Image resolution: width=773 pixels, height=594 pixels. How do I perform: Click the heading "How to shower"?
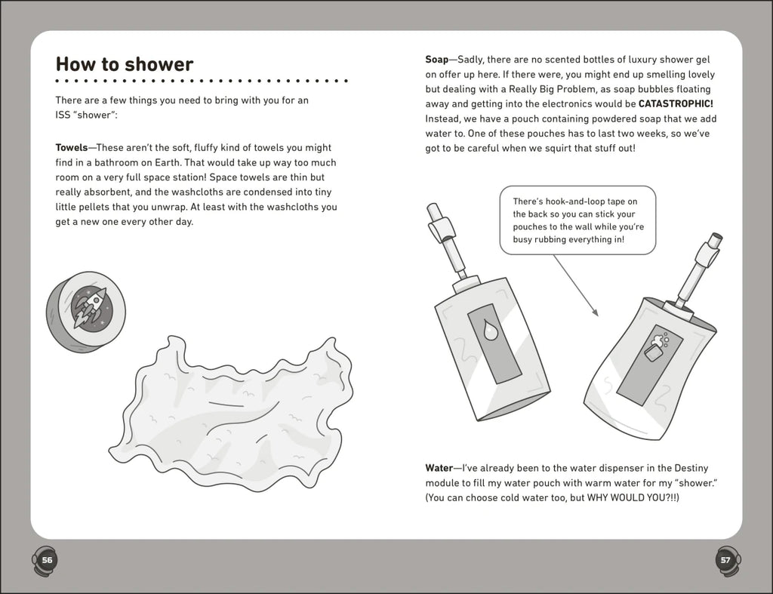(x=125, y=64)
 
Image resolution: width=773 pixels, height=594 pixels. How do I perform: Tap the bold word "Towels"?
(x=72, y=148)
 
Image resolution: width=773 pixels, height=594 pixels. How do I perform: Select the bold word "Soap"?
(x=437, y=60)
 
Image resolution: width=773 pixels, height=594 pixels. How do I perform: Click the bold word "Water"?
(x=440, y=468)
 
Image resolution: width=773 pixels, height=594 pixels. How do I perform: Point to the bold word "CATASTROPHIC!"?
(x=676, y=105)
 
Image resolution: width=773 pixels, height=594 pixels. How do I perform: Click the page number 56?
(x=47, y=560)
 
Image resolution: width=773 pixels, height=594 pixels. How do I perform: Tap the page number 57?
(x=725, y=560)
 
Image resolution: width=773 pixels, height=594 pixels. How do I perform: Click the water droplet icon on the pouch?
(x=491, y=329)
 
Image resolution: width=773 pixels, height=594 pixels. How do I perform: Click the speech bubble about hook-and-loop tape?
(x=577, y=221)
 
